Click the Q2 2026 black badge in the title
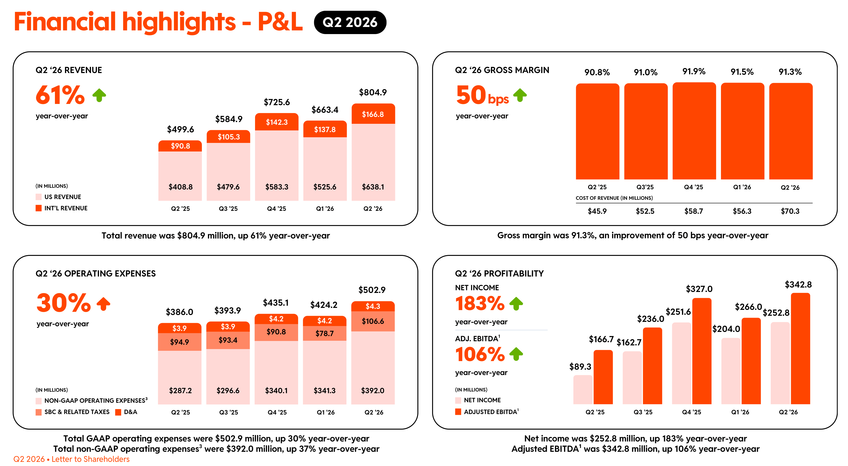click(350, 22)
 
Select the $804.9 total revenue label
click(373, 92)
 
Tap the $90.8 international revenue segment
click(180, 146)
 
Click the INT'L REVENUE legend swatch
click(39, 208)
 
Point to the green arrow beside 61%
click(99, 95)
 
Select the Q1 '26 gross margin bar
click(742, 131)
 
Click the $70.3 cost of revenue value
click(790, 211)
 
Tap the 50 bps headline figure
click(483, 95)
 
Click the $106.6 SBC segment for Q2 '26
click(373, 321)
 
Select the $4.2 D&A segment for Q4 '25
click(276, 319)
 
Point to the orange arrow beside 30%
click(103, 304)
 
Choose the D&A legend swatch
click(118, 412)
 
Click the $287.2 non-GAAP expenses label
click(180, 391)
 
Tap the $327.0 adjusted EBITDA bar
click(702, 351)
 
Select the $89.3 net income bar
click(583, 390)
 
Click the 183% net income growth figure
click(480, 303)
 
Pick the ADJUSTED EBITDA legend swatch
click(458, 412)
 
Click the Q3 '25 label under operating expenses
click(229, 412)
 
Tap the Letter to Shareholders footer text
click(90, 459)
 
